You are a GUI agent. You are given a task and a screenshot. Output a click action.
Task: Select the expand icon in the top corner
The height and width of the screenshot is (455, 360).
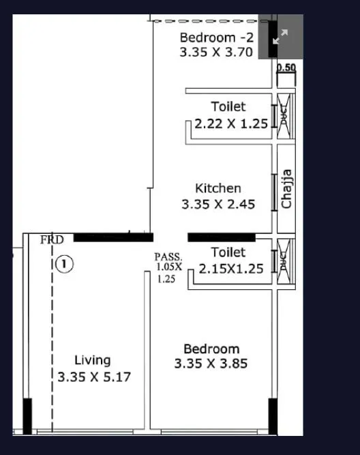[280, 38]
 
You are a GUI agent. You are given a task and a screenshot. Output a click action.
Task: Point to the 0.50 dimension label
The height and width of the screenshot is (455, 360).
[286, 68]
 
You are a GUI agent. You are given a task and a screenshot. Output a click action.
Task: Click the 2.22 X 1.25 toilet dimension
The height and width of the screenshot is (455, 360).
[231, 124]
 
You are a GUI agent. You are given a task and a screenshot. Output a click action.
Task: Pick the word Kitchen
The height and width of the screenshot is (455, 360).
[218, 188]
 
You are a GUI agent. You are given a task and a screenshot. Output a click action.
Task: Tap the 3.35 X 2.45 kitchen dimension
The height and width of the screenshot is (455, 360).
[218, 204]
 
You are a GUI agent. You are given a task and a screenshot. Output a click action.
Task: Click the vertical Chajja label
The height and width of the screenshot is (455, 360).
[287, 189]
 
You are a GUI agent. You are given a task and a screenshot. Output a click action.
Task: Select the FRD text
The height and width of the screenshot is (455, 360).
[52, 239]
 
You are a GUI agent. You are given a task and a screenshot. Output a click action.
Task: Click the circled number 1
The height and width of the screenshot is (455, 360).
[63, 263]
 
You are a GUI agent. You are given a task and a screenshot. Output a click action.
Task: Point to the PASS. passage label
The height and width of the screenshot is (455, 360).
[168, 257]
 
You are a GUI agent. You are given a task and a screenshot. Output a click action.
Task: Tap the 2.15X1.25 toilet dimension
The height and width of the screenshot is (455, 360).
[230, 269]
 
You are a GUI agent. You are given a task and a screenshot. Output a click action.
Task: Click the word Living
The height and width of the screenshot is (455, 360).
[92, 360]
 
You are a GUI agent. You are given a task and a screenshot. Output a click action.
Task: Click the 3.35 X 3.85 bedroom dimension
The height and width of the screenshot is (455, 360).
[211, 364]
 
